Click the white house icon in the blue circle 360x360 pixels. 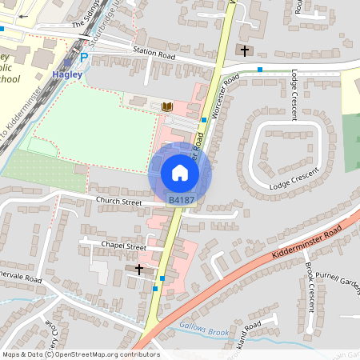pos(180,173)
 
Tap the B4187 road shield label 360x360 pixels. pos(181,199)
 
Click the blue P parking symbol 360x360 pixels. pos(84,58)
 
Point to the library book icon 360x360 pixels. pos(166,106)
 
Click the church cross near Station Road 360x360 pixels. pos(245,50)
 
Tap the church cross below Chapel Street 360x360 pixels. pos(140,270)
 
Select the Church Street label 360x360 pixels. pos(118,202)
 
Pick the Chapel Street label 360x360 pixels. pos(123,246)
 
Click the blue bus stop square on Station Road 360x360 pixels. pos(260,70)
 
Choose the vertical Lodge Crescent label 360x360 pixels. pos(294,94)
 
